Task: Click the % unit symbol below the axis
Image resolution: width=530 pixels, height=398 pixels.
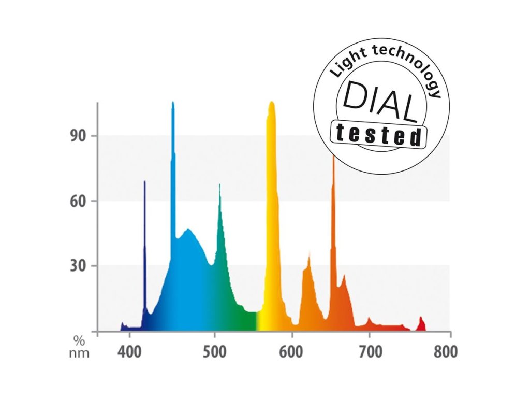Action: coord(79,341)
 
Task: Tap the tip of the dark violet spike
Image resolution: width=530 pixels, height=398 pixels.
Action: coord(144,182)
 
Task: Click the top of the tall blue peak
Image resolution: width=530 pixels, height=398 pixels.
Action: coord(173,103)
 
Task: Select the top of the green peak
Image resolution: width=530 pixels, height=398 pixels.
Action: coord(219,186)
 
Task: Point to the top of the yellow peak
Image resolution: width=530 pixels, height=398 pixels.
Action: coord(271,103)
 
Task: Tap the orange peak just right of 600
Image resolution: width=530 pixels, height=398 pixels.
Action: coord(309,254)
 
